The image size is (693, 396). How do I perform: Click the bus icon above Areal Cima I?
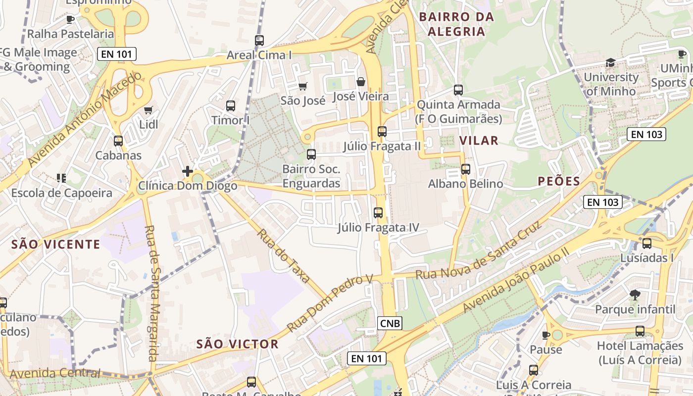[x=259, y=41]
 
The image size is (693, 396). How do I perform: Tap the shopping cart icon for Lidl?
[x=148, y=110]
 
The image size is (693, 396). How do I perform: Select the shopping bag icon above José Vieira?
[x=361, y=82]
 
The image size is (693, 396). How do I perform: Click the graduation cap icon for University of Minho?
[x=610, y=63]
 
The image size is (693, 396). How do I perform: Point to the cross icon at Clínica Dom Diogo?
[x=188, y=171]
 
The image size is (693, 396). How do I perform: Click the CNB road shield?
[x=390, y=323]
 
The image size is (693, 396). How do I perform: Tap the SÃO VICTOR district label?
[x=237, y=344]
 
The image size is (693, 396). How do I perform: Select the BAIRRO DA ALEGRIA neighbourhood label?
[x=456, y=24]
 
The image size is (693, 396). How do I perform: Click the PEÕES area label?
[x=558, y=182]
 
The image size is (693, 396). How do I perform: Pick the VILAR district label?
[x=479, y=141]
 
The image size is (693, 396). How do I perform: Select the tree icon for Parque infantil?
[x=635, y=296]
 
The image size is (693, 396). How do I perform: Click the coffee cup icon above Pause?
[x=546, y=335]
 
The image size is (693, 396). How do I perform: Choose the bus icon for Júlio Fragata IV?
[x=378, y=213]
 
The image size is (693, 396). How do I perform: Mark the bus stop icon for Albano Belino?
[x=465, y=169]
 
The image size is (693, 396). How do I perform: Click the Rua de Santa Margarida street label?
[x=151, y=293]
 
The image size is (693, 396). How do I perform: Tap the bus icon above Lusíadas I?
[x=646, y=244]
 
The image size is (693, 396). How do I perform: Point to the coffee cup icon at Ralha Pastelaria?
[x=70, y=20]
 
